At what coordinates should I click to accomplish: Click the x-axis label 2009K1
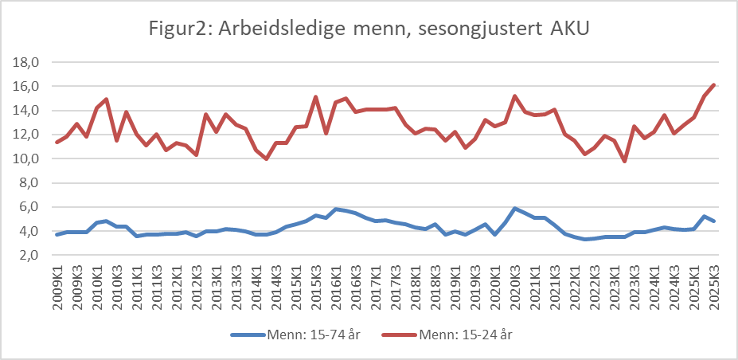click(x=57, y=288)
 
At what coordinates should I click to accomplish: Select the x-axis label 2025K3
click(x=713, y=288)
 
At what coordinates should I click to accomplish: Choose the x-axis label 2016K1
click(x=336, y=288)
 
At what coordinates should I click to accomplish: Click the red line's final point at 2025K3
click(x=713, y=84)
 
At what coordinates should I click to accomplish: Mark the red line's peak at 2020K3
click(x=515, y=96)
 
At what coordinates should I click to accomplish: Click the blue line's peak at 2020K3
click(x=515, y=209)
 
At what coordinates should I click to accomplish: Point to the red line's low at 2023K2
click(x=625, y=161)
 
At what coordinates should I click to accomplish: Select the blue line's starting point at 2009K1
click(x=57, y=234)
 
